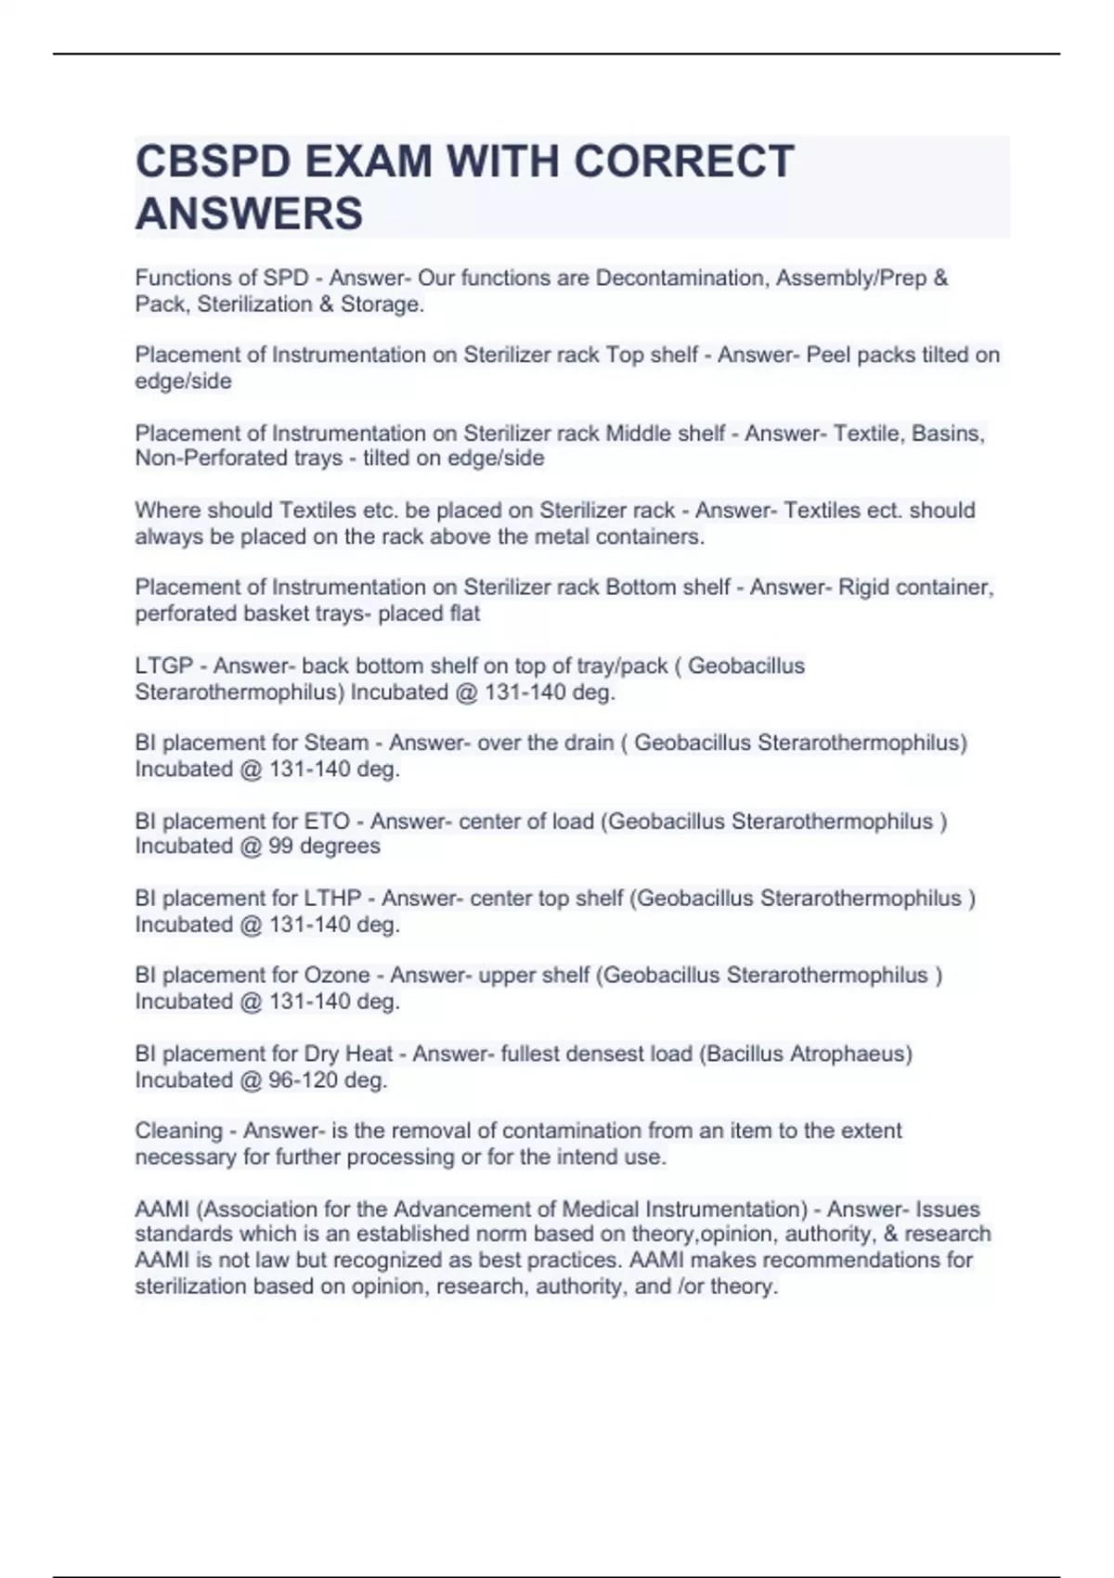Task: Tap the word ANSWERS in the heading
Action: (249, 213)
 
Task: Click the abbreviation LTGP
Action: (163, 666)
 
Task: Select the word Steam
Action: (336, 744)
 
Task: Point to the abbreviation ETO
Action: (327, 821)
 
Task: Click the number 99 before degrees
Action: (281, 847)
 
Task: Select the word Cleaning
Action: (178, 1132)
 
